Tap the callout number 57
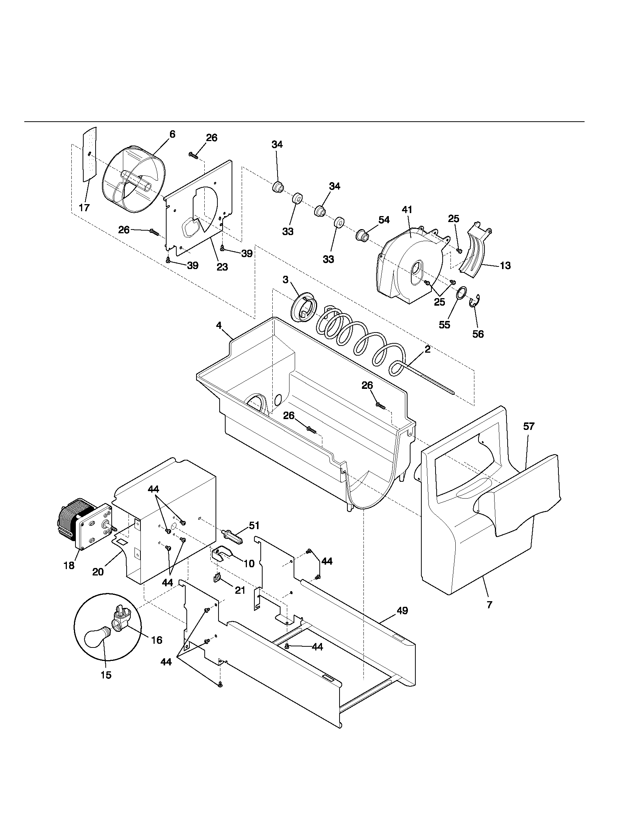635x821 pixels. tap(529, 426)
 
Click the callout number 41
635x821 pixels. tap(407, 210)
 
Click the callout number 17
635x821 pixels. tap(84, 207)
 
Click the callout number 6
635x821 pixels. tap(172, 134)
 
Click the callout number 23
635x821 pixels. tap(222, 267)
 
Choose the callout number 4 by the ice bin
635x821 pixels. tap(219, 325)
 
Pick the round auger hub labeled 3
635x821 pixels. tap(304, 309)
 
